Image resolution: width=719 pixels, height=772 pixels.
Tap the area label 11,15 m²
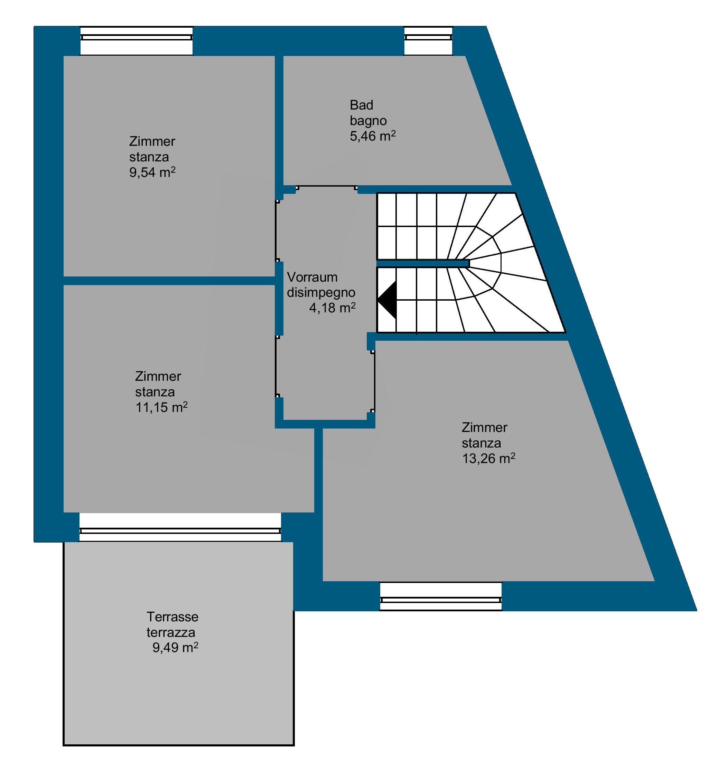(161, 407)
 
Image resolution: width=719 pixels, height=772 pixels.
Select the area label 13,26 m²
(488, 459)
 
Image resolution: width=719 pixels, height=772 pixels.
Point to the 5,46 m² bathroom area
(373, 136)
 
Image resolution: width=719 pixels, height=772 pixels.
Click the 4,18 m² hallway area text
(332, 308)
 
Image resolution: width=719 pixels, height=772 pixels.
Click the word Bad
(361, 105)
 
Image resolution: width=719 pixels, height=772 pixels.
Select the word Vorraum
(312, 277)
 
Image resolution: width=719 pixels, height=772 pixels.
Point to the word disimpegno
(321, 292)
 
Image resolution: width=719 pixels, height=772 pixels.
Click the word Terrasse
(172, 617)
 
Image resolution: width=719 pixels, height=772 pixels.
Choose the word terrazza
(171, 632)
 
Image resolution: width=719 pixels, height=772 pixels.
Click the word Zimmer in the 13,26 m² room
(484, 427)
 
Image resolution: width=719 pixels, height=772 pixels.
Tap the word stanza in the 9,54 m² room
(149, 157)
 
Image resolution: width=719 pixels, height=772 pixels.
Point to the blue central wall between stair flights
(423, 264)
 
